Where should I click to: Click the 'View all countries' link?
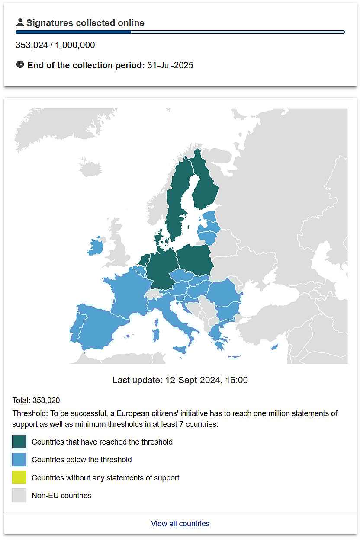(180, 524)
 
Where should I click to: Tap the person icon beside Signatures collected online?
(20, 23)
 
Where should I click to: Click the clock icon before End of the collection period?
(20, 65)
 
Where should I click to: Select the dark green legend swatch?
(19, 442)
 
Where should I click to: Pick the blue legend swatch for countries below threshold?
(19, 460)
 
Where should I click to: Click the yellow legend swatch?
(19, 477)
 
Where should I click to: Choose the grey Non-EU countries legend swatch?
(19, 495)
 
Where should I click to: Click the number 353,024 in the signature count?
(32, 45)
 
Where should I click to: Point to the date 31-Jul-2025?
(170, 65)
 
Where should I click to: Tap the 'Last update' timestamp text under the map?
(180, 380)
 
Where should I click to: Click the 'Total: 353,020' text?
(36, 400)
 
